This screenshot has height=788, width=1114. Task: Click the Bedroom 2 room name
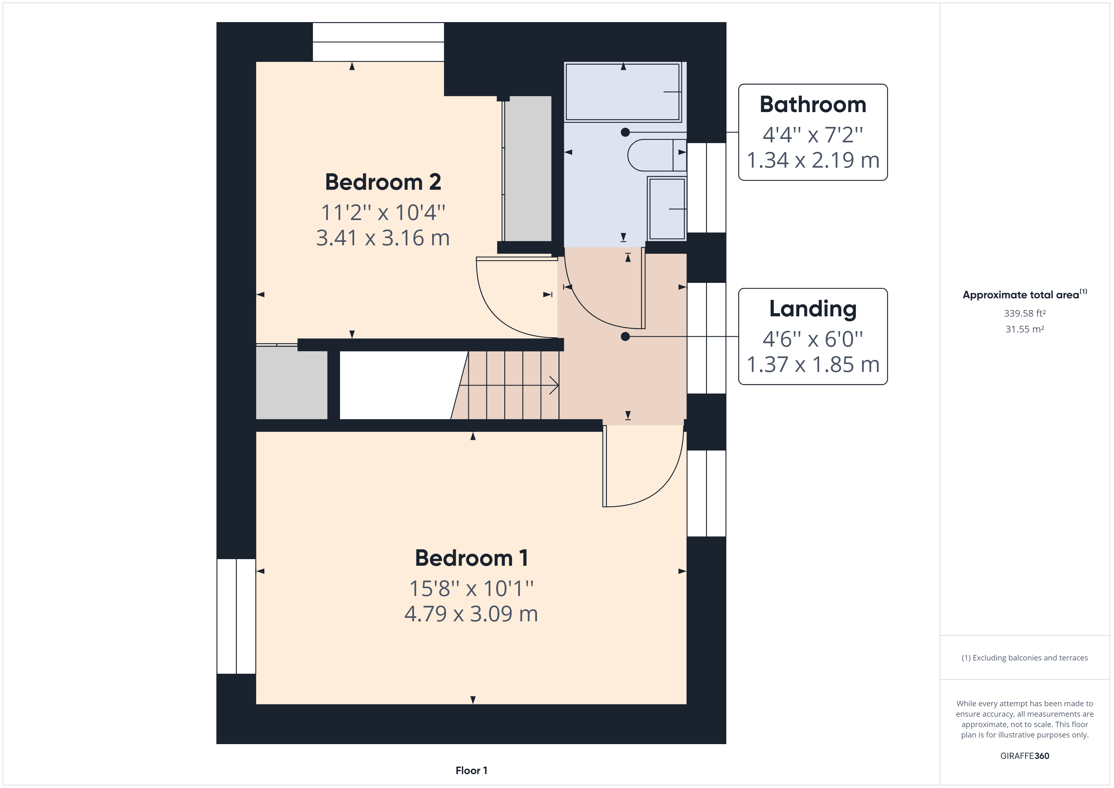pos(383,182)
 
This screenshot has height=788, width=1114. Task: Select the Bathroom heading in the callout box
pos(813,105)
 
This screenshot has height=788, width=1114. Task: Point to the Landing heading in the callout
pos(813,309)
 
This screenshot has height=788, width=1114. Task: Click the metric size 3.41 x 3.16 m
pos(383,238)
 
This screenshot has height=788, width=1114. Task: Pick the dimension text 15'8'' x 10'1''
pos(471,588)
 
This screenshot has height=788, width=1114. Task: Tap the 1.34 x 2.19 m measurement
pos(813,160)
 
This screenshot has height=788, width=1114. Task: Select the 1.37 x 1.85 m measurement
pos(813,364)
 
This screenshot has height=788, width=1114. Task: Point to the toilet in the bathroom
pos(655,155)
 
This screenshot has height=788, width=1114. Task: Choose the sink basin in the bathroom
pos(667,209)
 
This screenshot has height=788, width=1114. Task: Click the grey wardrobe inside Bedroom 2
pos(528,168)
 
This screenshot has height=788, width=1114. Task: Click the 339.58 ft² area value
pos(1024,313)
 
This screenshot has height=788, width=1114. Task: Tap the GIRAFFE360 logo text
pos(1024,755)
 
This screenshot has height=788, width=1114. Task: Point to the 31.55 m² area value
pos(1024,329)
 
